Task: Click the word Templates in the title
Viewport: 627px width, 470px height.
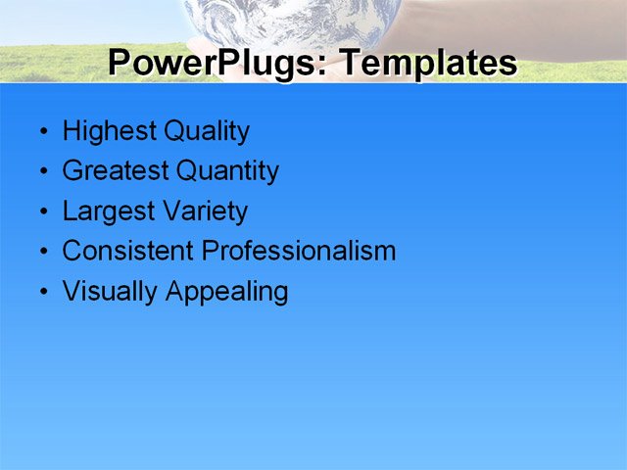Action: [426, 64]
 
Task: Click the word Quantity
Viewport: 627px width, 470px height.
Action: [227, 171]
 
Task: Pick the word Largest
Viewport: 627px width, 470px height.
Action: [104, 211]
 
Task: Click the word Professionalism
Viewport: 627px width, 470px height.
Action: [299, 251]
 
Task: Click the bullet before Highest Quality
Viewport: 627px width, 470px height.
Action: [42, 132]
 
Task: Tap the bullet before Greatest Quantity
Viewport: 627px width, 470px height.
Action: [42, 172]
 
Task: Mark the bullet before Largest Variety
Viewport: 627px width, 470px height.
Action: [42, 212]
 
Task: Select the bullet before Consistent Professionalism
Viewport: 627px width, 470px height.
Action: [42, 252]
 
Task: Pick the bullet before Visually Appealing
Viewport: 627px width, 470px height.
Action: [42, 293]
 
